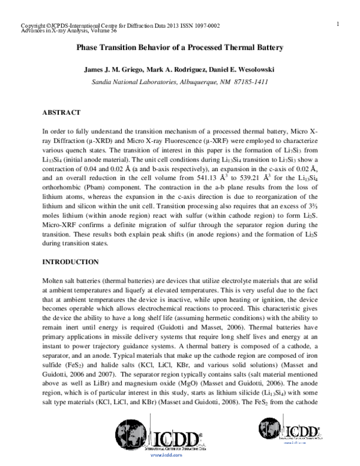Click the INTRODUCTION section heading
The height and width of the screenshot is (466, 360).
click(70, 262)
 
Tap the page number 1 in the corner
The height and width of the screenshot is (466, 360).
click(338, 23)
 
